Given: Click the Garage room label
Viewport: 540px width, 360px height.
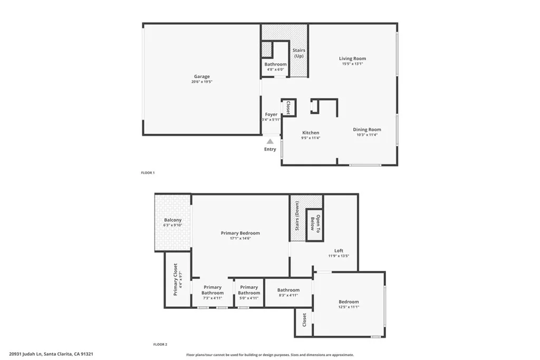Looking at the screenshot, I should pos(201,77).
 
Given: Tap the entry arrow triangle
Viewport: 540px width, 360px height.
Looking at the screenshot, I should pos(270,141).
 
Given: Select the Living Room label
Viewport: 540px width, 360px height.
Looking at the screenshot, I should pos(352,59).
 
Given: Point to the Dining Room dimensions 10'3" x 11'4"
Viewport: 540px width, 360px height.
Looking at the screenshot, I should pos(367,135).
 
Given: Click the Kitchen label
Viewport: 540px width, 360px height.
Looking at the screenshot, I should pos(311,133).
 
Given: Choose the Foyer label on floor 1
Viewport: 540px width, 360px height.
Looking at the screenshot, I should pos(271,114).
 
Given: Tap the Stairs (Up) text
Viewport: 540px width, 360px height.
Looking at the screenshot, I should pos(299,53).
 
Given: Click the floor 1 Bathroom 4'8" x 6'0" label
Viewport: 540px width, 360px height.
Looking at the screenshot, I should pos(275,64).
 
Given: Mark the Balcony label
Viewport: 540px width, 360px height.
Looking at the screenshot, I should pos(173,220).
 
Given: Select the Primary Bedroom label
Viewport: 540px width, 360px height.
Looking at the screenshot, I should pos(240,233).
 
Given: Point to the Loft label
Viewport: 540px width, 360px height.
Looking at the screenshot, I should pos(339,251).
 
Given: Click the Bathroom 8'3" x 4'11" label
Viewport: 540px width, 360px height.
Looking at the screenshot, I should pos(288,290).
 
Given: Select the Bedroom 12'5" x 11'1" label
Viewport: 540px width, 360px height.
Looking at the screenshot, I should pos(349,302).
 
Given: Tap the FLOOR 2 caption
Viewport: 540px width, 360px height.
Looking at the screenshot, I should pos(160,344).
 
